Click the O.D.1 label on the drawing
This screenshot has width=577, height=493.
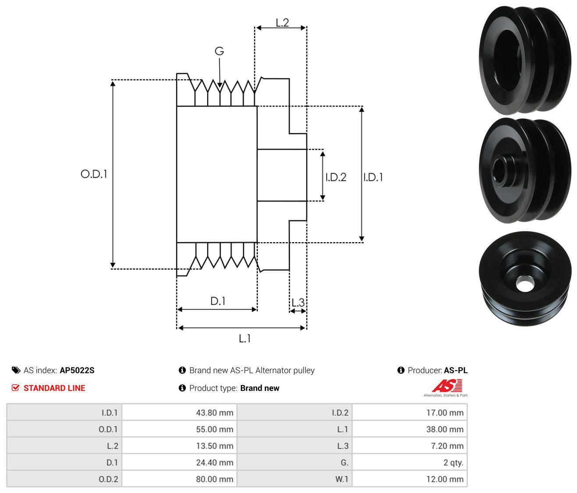point(94,174)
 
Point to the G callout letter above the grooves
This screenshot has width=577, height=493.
point(219,51)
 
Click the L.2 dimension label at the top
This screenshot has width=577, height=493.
point(282,23)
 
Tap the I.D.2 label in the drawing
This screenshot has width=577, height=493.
point(336,177)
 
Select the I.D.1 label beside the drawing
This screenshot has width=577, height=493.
point(373,177)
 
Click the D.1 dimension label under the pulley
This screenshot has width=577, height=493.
point(218,301)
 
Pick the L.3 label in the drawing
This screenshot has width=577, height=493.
point(298,303)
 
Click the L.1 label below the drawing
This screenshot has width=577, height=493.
point(245,339)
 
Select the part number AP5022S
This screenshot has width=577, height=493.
point(77,370)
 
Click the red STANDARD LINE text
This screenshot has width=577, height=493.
point(54,388)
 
